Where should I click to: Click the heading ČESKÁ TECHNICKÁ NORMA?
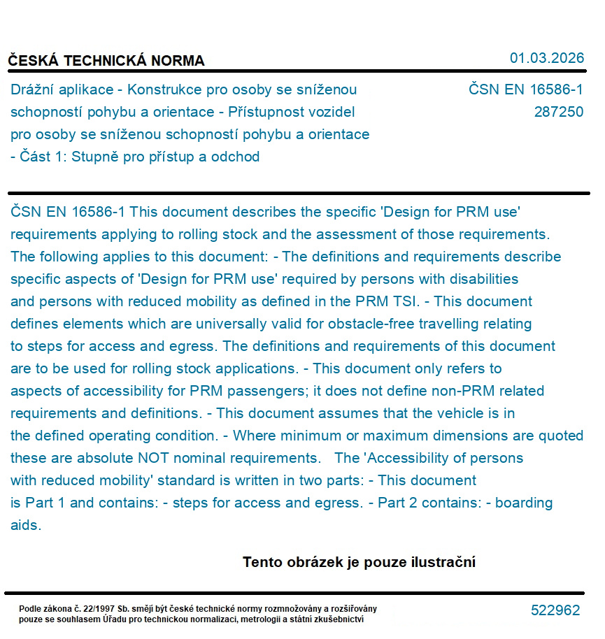click(x=106, y=61)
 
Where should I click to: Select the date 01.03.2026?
click(x=546, y=58)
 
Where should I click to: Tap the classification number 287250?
click(x=558, y=112)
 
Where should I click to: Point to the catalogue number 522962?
click(x=555, y=610)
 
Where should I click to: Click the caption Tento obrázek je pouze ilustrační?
click(x=359, y=562)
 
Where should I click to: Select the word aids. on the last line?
click(x=26, y=526)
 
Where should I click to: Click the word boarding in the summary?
click(x=524, y=503)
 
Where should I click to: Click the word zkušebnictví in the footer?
click(x=339, y=619)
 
